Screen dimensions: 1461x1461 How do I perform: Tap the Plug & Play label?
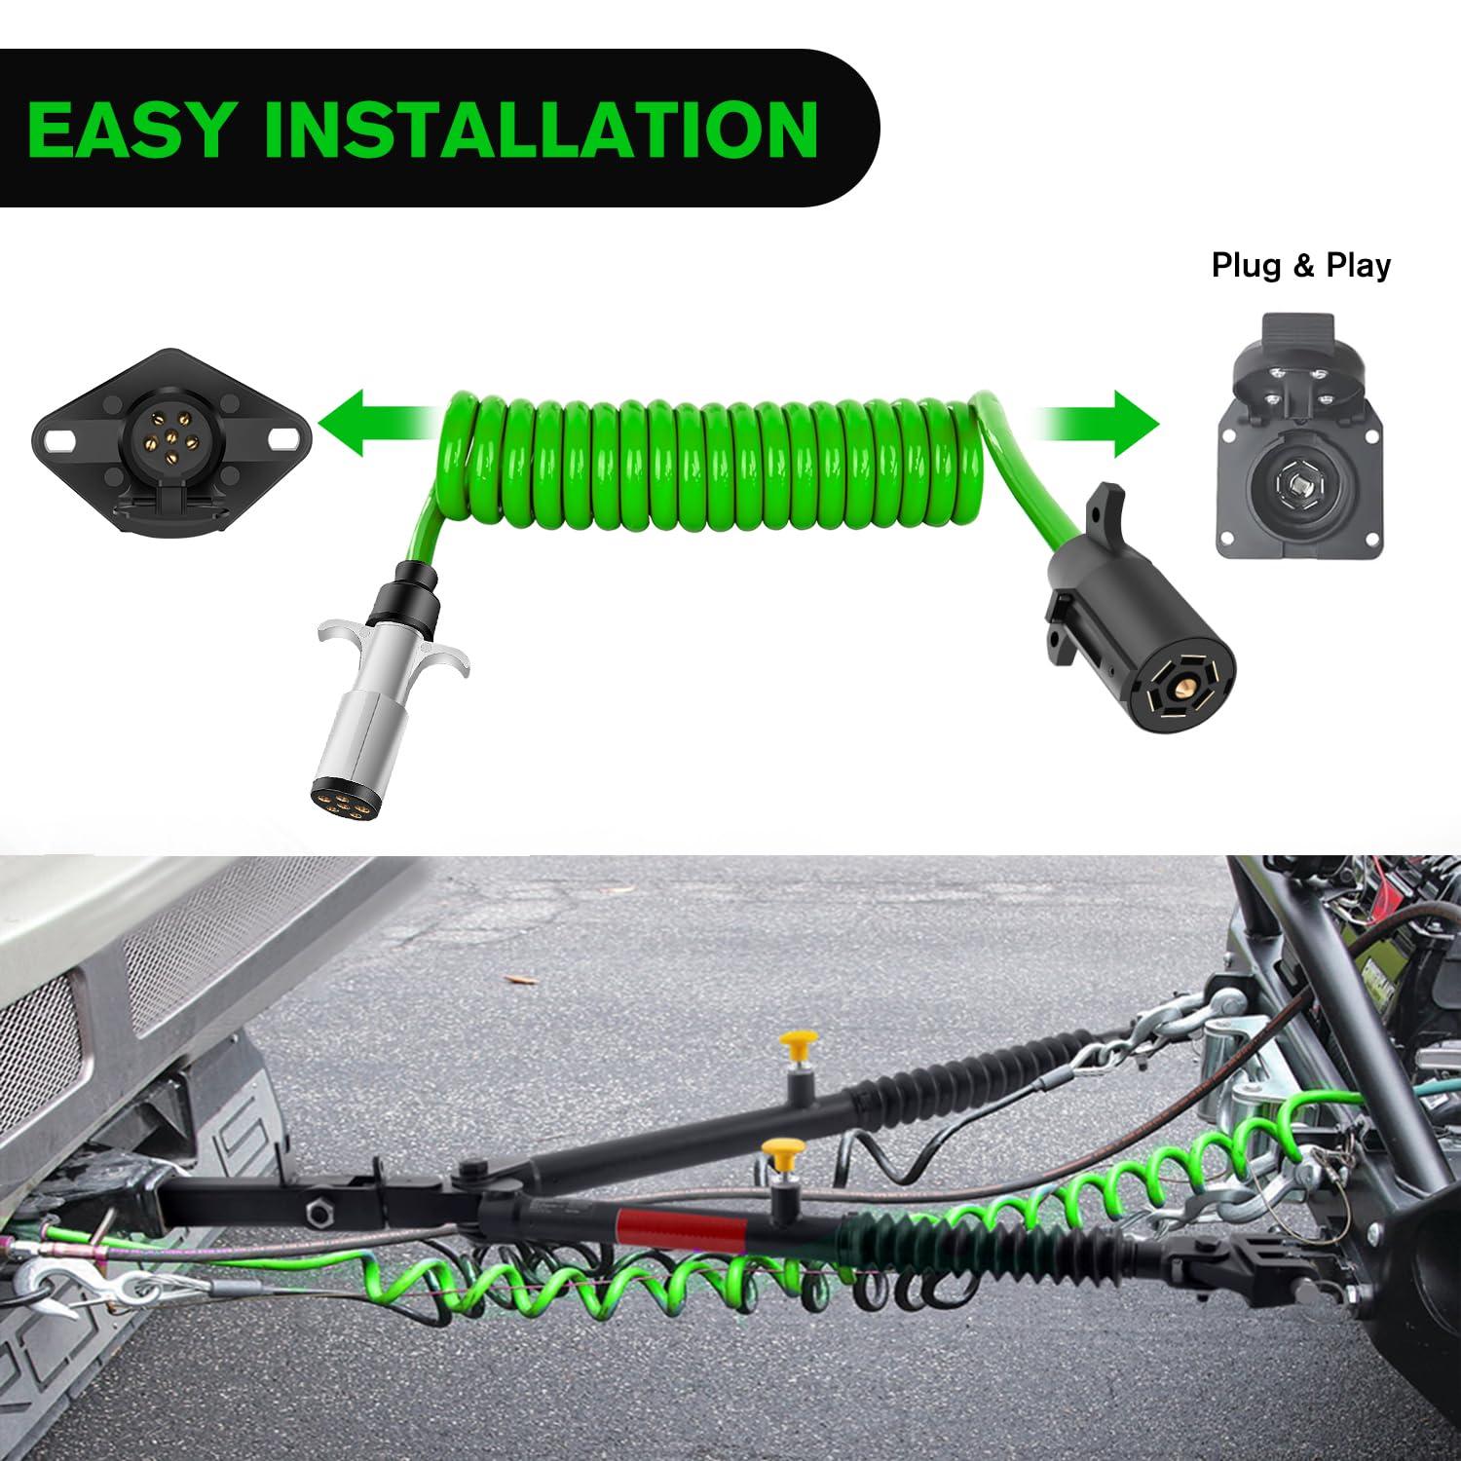1301,265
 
